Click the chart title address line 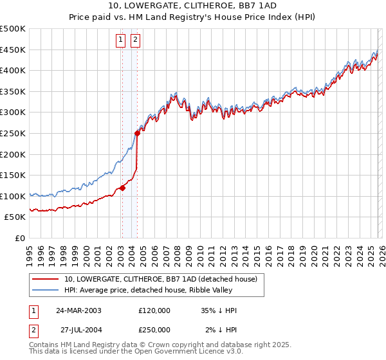pos(193,6)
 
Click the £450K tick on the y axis pos(13,50)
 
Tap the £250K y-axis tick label pos(13,133)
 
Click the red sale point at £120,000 pos(122,188)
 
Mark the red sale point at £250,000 pos(137,134)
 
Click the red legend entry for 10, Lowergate pos(161,279)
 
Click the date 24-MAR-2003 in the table pos(78,310)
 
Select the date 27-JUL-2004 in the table pos(78,330)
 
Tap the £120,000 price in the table pos(154,310)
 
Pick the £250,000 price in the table pos(154,330)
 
